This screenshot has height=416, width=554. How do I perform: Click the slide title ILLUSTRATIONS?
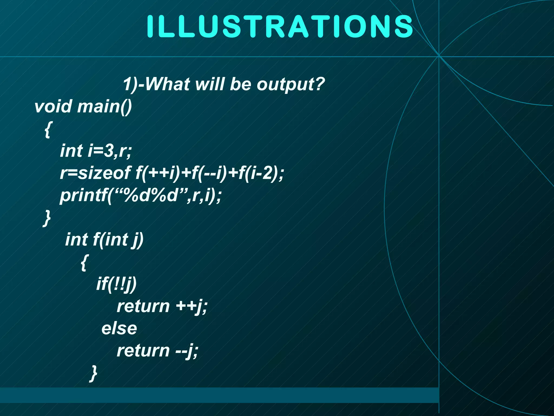point(280,26)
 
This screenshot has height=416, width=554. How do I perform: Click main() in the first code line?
point(104,106)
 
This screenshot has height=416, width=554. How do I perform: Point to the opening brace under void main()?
point(47,130)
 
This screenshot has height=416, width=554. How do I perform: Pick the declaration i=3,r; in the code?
point(110,151)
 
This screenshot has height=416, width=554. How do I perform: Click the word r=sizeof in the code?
point(95,173)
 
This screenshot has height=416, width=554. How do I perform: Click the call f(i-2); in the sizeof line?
point(261,173)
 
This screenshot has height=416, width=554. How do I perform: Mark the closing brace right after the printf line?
point(47,218)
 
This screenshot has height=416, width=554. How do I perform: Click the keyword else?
point(119,329)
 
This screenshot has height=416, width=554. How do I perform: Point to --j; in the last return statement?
point(187,351)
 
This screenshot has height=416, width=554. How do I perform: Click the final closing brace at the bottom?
point(93,373)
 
